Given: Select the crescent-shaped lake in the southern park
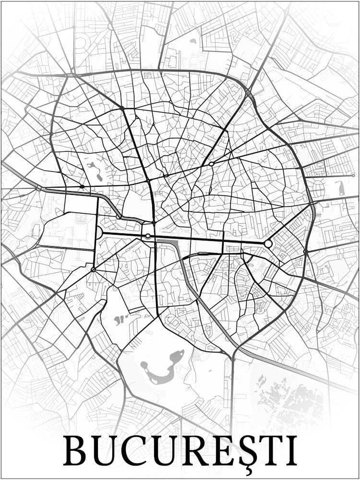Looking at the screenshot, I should (163, 367).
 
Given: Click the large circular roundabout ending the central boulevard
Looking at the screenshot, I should (268, 244).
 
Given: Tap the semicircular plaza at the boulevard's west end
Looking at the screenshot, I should (99, 233).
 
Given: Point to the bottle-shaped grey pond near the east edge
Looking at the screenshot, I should (341, 188).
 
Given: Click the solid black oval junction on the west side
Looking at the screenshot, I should (82, 186).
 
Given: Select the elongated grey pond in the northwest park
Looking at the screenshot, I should (94, 170).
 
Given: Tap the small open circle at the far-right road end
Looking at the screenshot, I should (353, 175).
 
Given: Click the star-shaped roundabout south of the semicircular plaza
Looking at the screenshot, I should (93, 270).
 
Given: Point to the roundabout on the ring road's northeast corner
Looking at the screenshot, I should (248, 92).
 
